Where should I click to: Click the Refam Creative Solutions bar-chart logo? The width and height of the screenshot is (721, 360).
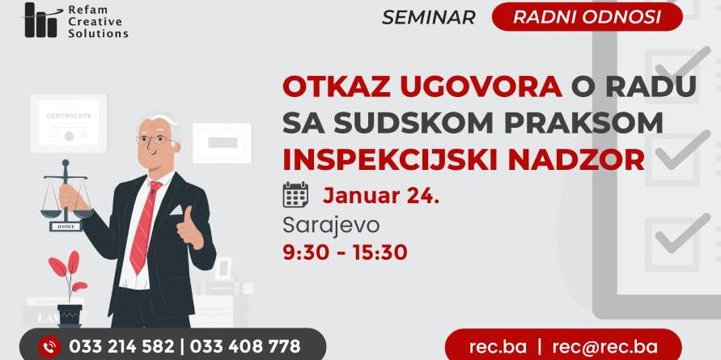tap(43, 20)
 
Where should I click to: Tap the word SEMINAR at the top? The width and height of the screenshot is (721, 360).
tap(429, 18)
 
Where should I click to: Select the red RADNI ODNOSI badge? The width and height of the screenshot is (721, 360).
tap(587, 16)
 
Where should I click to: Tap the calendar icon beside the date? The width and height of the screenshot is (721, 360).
tap(295, 194)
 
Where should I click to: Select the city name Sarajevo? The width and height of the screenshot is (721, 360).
tap(331, 226)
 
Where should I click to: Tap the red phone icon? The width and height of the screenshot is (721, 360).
tap(49, 346)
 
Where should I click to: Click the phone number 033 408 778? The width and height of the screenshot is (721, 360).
tap(245, 346)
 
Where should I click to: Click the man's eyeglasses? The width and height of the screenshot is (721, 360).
tap(155, 139)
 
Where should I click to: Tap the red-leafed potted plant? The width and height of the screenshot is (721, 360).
tap(68, 290)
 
